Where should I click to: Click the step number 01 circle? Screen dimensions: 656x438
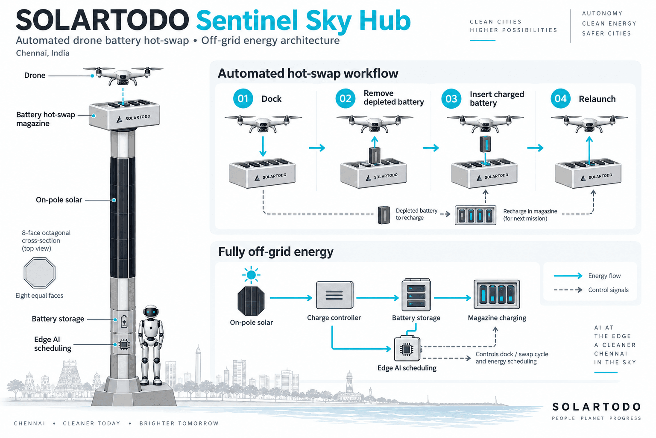click(243, 98)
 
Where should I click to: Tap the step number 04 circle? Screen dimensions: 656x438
click(560, 98)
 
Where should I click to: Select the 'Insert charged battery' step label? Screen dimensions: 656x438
click(497, 98)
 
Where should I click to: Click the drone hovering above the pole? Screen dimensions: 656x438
click(123, 75)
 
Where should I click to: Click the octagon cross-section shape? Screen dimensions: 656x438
click(39, 273)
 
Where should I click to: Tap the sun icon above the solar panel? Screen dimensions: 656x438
click(251, 275)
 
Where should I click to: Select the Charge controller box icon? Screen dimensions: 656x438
click(334, 295)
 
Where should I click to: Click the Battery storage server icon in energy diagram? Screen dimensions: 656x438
click(416, 295)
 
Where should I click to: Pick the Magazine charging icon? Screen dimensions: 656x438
click(497, 294)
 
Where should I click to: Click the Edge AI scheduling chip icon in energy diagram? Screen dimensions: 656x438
click(407, 349)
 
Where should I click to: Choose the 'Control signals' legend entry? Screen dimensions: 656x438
click(591, 290)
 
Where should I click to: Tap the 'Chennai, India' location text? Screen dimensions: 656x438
click(43, 53)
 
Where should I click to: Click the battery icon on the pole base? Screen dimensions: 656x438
click(124, 321)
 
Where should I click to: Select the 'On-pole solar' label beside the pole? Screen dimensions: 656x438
click(59, 200)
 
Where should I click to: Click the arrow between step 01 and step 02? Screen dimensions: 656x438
click(317, 148)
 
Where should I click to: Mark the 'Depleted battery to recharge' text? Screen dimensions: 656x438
click(416, 214)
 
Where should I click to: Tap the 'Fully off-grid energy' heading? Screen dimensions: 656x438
click(276, 252)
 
